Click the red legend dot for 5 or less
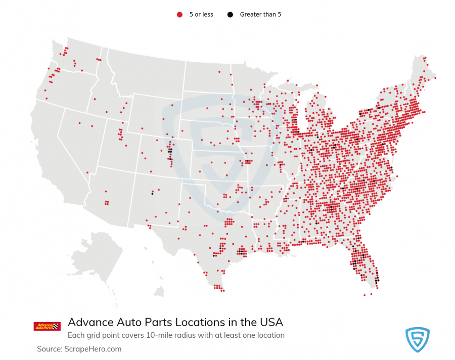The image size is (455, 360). [179, 15]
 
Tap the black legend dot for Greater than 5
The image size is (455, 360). [230, 15]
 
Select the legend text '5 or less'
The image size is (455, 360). [201, 15]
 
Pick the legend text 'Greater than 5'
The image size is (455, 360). [260, 15]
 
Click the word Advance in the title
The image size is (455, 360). [89, 322]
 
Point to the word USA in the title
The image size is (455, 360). [270, 322]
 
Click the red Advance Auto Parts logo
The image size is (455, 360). [47, 326]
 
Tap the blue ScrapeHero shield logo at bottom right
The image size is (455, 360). [417, 339]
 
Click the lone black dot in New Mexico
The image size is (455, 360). [152, 193]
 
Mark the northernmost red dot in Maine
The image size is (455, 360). [424, 58]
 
